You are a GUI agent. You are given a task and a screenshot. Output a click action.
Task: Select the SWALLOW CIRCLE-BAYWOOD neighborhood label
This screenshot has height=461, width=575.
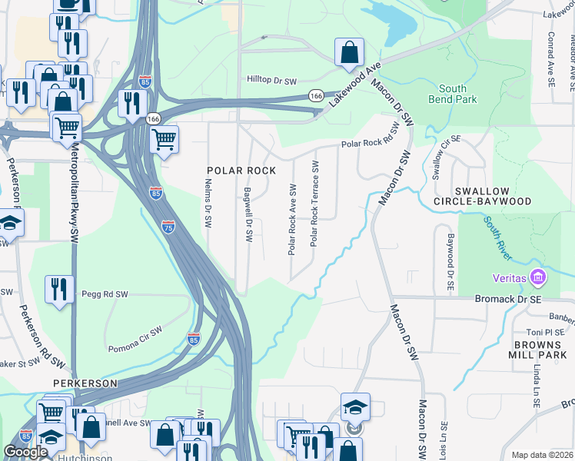point(493,196)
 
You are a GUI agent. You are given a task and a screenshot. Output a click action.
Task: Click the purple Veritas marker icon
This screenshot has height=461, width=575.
point(538,277)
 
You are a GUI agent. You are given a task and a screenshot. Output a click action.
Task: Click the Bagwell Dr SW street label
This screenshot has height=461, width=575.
point(248,216)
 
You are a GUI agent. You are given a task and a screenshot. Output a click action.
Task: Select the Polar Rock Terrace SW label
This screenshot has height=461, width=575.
point(314,204)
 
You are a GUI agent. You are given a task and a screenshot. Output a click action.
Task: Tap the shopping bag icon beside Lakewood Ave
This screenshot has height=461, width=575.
point(349,53)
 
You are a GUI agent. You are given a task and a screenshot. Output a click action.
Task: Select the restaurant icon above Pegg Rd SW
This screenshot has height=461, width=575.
point(59,290)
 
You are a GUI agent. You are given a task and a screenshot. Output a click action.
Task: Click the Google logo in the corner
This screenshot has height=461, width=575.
point(25,452)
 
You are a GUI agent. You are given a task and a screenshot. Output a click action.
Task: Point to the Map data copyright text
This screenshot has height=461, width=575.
point(542,455)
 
